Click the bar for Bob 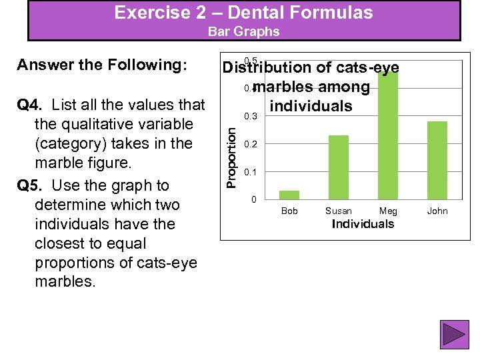tap(289, 195)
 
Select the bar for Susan tap(339, 167)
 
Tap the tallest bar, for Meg tap(387, 133)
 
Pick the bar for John tap(437, 160)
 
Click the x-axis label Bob tap(289, 211)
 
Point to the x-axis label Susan tap(339, 211)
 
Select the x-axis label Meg tap(388, 211)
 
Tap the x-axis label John tap(437, 211)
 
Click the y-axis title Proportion tap(230, 157)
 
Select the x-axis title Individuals tap(363, 224)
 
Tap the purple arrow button tap(455, 335)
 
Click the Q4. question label tap(31, 105)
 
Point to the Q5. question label tap(31, 185)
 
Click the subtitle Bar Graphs tap(243, 31)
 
